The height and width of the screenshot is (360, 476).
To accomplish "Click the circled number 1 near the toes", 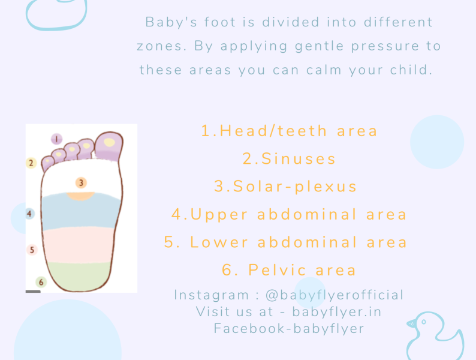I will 56,139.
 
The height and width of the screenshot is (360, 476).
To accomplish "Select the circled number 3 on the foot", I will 81,182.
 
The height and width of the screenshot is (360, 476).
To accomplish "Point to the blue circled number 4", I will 30,213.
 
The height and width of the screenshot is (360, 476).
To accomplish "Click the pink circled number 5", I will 32,250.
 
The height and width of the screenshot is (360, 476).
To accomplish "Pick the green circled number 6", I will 41,282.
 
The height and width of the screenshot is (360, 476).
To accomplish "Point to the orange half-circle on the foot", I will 80,196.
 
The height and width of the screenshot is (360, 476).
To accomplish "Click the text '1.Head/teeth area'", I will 290,131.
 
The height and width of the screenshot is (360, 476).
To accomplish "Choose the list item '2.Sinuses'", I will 290,159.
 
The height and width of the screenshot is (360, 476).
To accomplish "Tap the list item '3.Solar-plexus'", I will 286,187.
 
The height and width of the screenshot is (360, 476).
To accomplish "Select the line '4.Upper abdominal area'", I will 290,214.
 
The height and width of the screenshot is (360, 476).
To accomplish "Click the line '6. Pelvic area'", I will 290,270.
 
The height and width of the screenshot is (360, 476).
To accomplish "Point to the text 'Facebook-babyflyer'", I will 289,328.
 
